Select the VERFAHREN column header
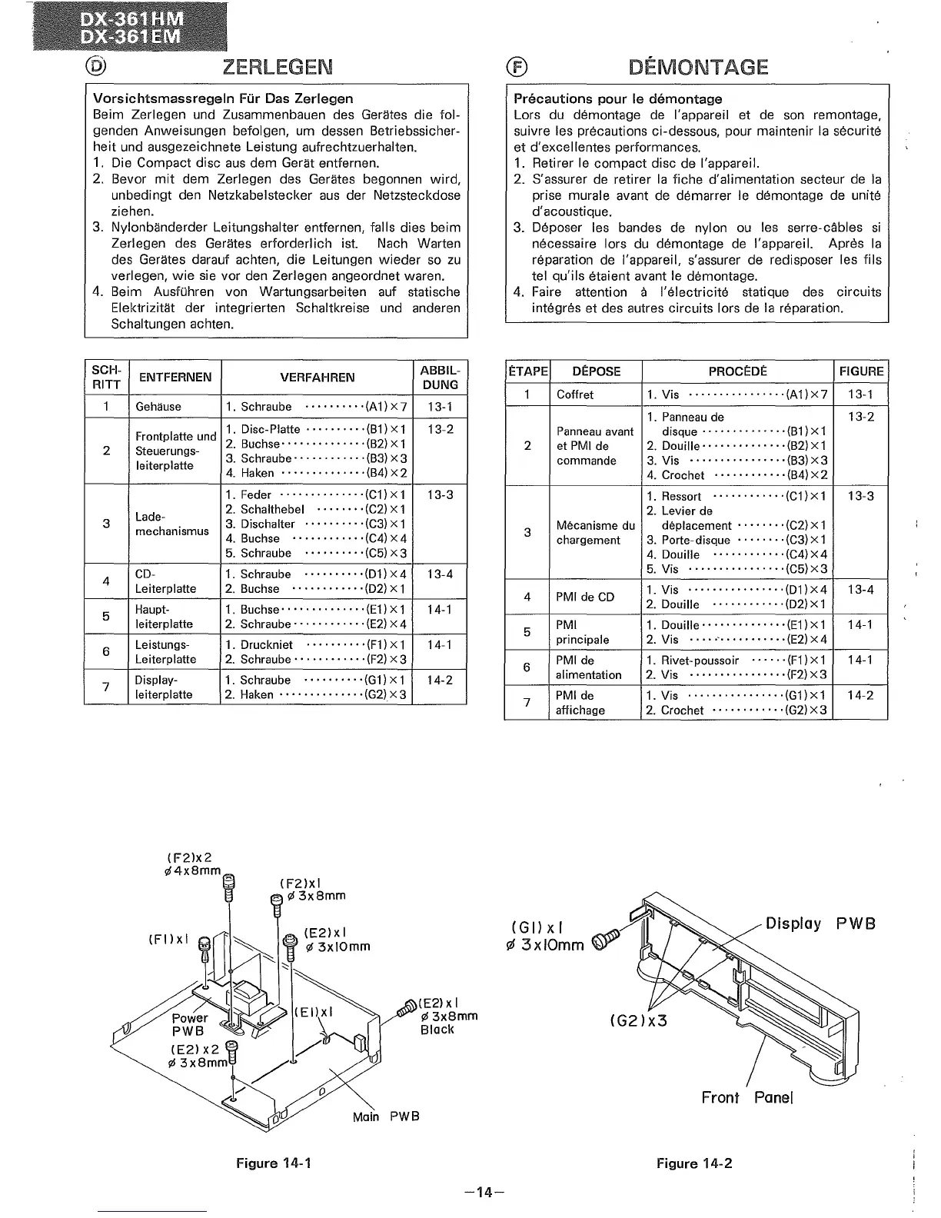coord(318,378)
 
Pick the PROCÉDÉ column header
coord(737,371)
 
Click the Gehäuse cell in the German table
coord(158,407)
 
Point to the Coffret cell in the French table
coord(575,394)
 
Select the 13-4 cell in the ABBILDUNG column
coord(440,574)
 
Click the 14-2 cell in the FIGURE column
coord(860,695)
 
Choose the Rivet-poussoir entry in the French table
coord(700,661)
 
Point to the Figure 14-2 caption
coord(694,1163)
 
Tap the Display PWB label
coord(820,923)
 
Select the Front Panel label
coord(746,1097)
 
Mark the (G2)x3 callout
coord(637,1021)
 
